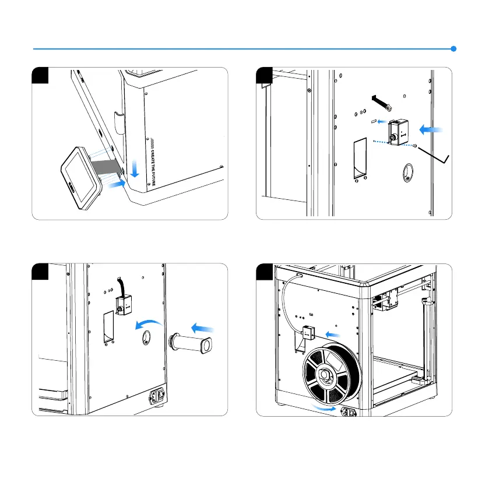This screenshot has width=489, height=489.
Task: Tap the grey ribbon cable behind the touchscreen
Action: point(108,166)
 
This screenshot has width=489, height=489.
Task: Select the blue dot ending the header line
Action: point(454,49)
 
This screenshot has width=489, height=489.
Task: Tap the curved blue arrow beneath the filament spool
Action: point(323,407)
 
